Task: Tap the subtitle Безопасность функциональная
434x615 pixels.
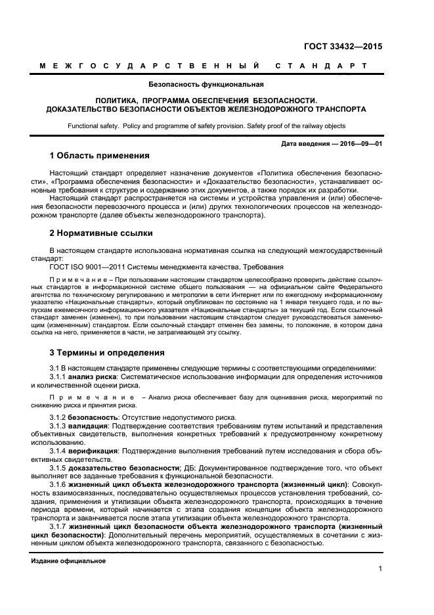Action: tap(206, 84)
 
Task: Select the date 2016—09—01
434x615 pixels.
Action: tap(360, 143)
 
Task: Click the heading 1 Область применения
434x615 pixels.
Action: tap(100, 156)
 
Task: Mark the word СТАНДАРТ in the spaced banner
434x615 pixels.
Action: tap(321, 66)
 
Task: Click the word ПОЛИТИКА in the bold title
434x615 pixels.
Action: tap(119, 101)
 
